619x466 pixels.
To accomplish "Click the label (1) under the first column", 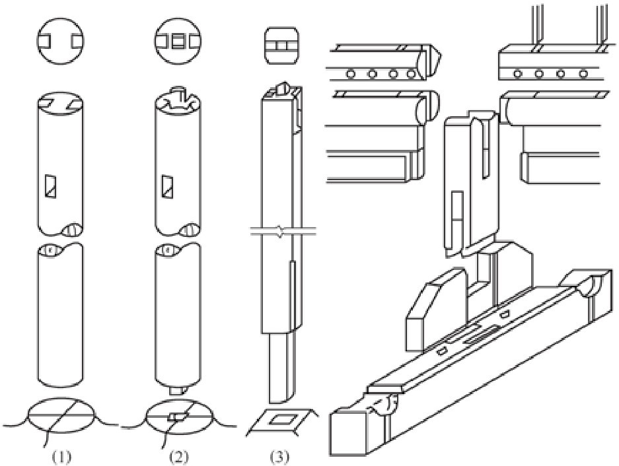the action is (x=61, y=457).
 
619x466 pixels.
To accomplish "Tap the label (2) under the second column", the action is (x=179, y=457).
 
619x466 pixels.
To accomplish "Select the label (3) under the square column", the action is (x=279, y=457).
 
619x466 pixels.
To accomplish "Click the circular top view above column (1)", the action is (x=61, y=41).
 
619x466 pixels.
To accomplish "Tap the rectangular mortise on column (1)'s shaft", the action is (x=50, y=186).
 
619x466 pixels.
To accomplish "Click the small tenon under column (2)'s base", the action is (x=178, y=390).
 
